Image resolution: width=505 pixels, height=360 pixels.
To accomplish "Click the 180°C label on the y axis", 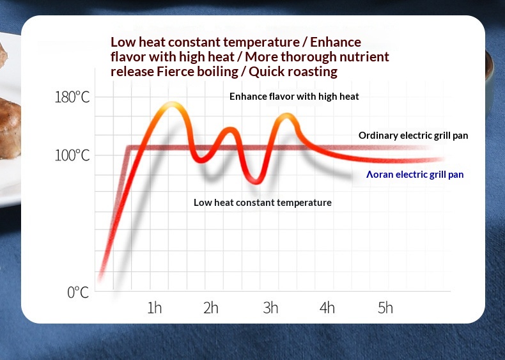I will click(x=72, y=98).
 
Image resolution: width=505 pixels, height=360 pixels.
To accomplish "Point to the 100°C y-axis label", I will click(x=72, y=155).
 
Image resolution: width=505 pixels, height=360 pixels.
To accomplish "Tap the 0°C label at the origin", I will click(x=78, y=293).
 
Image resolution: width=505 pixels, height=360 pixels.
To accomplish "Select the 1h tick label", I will click(x=154, y=308).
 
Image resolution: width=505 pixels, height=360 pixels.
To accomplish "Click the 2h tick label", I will click(x=210, y=308).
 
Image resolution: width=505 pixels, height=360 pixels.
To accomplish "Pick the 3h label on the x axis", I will click(x=270, y=308).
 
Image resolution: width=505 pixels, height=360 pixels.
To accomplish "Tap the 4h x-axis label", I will click(x=327, y=308).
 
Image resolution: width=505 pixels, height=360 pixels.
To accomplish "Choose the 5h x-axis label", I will click(x=385, y=308).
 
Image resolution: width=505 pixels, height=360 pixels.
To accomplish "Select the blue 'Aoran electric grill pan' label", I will click(x=415, y=174).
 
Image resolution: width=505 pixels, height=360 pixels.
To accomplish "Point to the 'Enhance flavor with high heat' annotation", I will click(x=294, y=97).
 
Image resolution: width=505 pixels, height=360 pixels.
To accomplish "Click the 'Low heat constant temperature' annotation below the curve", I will click(x=263, y=203).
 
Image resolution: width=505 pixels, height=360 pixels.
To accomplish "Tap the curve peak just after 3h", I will click(x=288, y=116).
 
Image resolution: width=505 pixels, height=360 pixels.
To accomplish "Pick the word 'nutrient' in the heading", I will click(x=365, y=57).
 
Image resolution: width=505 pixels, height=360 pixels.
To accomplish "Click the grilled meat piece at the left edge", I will click(x=9, y=125).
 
